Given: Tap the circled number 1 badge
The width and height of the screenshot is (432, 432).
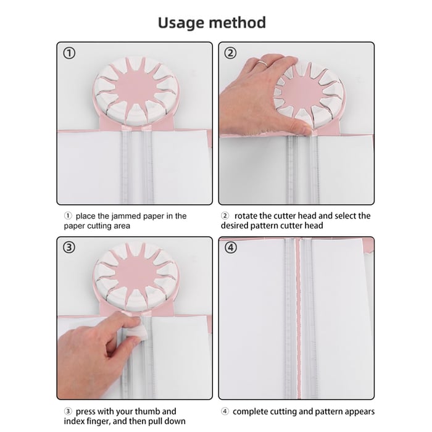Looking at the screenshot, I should point(70,54).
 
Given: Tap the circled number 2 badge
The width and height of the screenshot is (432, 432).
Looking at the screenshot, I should point(231,54).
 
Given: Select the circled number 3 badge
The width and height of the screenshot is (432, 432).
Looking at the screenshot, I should point(70,248).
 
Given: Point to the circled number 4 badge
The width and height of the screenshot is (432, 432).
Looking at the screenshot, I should point(231,248).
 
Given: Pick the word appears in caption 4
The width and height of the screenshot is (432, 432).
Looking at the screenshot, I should point(356,411).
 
